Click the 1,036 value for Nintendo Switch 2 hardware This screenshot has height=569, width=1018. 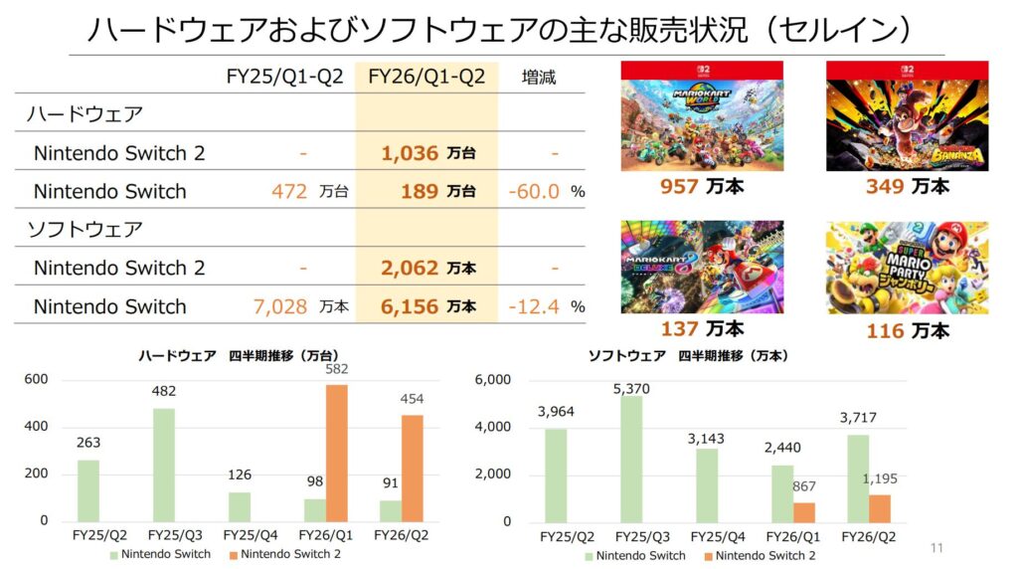pyautogui.click(x=410, y=153)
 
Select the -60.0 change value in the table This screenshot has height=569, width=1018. pyautogui.click(x=534, y=191)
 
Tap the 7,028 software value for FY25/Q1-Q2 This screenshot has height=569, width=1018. pyautogui.click(x=280, y=306)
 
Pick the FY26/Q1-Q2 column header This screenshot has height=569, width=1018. pyautogui.click(x=426, y=77)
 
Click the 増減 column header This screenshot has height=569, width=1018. pyautogui.click(x=539, y=77)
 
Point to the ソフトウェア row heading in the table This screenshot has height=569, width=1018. pyautogui.click(x=85, y=230)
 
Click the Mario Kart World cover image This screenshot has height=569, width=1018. pyautogui.click(x=702, y=115)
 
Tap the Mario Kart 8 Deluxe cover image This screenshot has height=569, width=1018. pyautogui.click(x=702, y=267)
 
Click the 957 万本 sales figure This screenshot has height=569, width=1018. pyautogui.click(x=702, y=186)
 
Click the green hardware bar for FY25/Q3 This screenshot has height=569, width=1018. pyautogui.click(x=165, y=465)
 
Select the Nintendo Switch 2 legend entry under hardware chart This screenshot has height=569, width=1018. pyautogui.click(x=283, y=554)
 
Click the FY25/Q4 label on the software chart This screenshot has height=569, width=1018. pyautogui.click(x=714, y=536)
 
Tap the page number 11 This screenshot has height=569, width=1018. pyautogui.click(x=935, y=547)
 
